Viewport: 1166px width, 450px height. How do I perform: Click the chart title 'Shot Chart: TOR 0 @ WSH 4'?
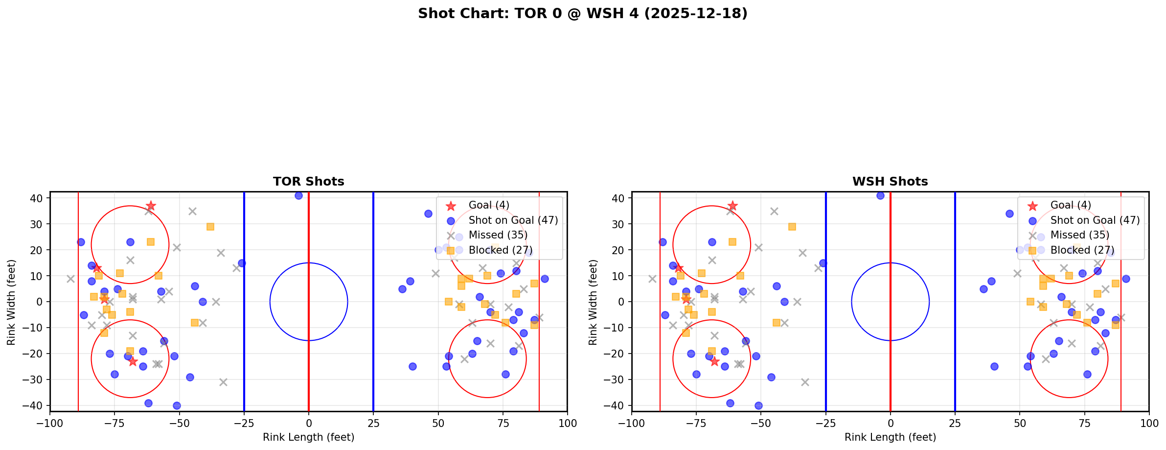click(582, 14)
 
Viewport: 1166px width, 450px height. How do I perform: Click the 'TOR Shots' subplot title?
click(308, 182)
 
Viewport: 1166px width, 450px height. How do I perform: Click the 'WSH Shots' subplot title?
click(890, 182)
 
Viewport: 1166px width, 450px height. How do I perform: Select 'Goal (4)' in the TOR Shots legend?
click(489, 205)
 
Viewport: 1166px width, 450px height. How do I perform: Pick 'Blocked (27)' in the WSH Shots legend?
click(1082, 250)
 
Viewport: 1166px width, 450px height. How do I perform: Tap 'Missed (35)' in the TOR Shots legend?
click(498, 235)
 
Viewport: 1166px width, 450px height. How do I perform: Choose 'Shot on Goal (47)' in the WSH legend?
click(1095, 220)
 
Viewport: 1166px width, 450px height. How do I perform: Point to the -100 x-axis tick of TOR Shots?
click(50, 423)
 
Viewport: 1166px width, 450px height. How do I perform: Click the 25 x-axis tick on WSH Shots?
click(955, 423)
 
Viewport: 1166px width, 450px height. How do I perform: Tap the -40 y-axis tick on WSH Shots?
click(617, 405)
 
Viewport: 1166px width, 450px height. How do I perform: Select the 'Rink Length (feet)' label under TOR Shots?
click(308, 437)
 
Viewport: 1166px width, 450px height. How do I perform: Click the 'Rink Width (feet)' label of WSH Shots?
click(593, 302)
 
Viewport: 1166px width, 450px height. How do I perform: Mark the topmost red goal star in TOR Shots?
click(151, 206)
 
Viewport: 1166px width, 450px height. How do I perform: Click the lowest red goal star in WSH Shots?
click(714, 361)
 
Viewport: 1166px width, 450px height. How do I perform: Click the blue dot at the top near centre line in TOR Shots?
click(298, 195)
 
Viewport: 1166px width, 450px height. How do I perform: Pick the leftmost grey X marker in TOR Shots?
click(70, 279)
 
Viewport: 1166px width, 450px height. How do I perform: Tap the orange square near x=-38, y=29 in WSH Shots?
click(792, 227)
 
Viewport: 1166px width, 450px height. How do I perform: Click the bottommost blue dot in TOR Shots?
click(177, 405)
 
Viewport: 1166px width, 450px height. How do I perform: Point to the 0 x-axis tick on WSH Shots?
click(890, 423)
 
